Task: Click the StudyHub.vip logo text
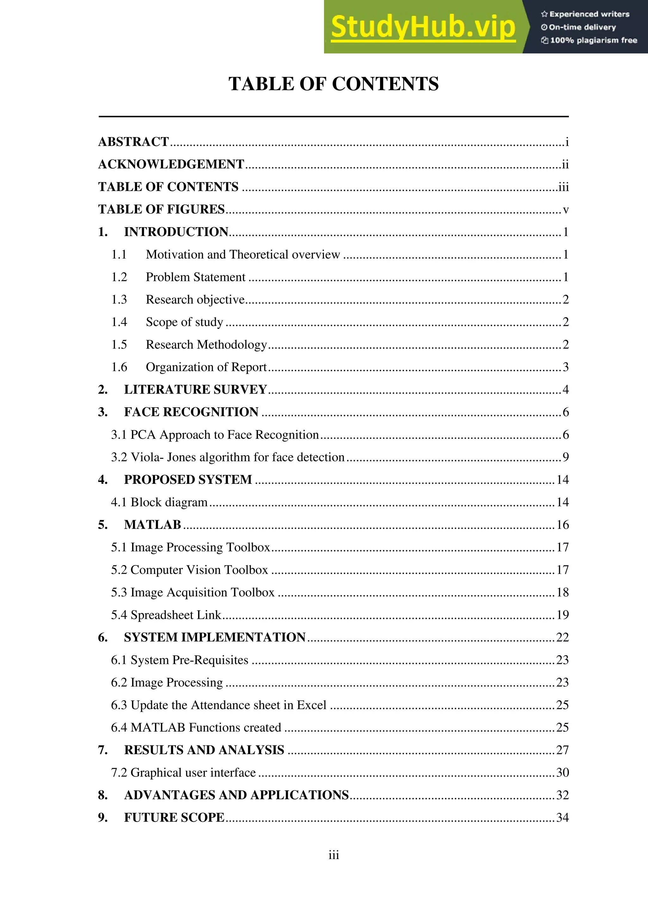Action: (x=423, y=27)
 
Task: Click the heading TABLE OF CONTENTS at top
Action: (x=333, y=84)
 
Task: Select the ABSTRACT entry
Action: (x=134, y=142)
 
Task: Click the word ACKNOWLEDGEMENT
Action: (x=171, y=164)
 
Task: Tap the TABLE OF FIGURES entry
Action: (x=162, y=209)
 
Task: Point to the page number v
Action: (x=565, y=210)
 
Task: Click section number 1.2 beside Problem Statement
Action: (x=119, y=277)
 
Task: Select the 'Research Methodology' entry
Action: (x=206, y=344)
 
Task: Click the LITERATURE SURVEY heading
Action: (x=195, y=389)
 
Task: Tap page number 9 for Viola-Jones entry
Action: (x=565, y=457)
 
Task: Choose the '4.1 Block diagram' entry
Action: (x=159, y=502)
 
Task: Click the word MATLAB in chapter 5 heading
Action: (x=153, y=525)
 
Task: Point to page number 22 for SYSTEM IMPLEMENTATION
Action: (x=562, y=637)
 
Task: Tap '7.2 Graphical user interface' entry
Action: (x=183, y=772)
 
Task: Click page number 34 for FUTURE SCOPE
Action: (x=562, y=818)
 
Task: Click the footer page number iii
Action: (x=333, y=855)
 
